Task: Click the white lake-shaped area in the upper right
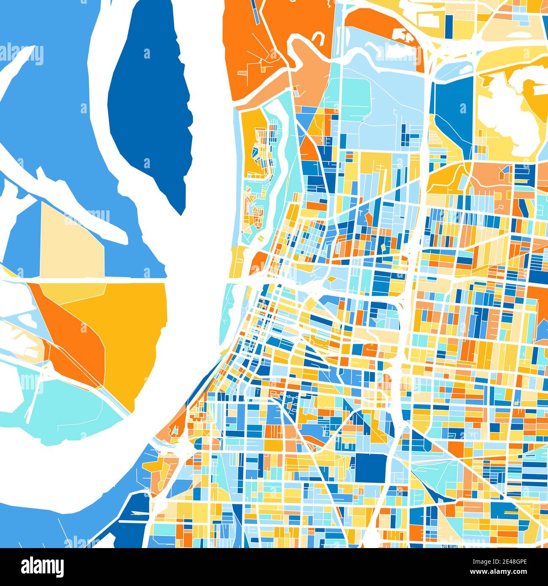click(x=502, y=110)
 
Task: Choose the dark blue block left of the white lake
click(x=453, y=114)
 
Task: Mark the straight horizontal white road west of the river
click(x=84, y=279)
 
